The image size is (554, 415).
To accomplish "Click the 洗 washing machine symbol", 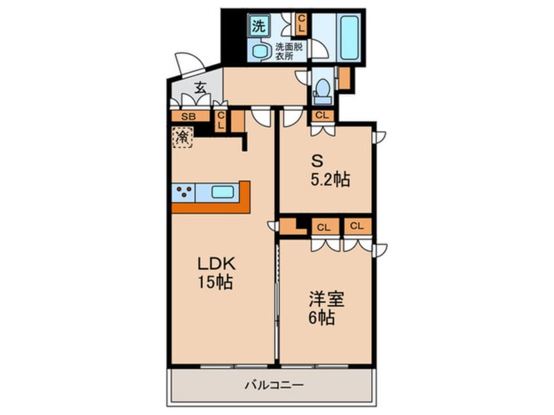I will pos(258,27).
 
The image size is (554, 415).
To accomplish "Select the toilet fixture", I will pos(322,90).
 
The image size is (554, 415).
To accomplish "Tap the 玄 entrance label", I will pos(201,86).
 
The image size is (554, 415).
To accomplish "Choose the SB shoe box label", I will pos(187,117).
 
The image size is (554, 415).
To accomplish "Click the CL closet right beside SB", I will pos(221,119).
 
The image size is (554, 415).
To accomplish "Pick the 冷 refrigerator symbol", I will pos(182,137).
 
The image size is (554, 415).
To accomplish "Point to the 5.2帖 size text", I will pos(329,179).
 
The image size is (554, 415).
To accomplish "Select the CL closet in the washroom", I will pos(301,24).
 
